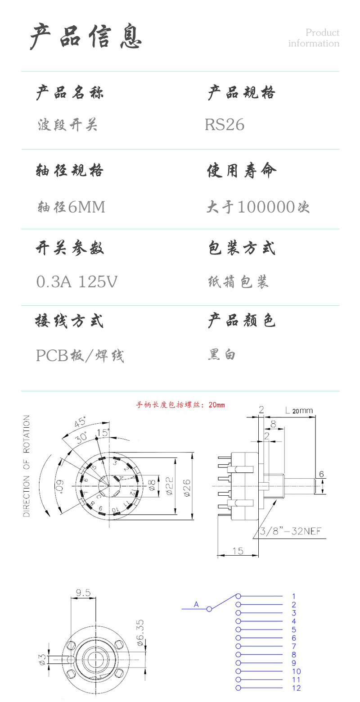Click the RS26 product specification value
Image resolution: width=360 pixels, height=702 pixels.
(225, 125)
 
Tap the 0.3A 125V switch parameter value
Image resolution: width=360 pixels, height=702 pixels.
(76, 282)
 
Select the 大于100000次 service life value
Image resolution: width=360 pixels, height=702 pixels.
(258, 207)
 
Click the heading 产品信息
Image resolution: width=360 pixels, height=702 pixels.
(86, 36)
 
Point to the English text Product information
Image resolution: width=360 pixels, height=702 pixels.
(314, 38)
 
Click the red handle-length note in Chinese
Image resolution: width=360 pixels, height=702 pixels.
(180, 405)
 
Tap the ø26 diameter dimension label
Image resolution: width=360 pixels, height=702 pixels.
(187, 487)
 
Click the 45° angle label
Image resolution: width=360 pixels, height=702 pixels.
(81, 424)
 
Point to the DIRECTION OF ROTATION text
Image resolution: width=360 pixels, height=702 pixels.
(27, 466)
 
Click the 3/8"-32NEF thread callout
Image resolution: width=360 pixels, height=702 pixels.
(291, 531)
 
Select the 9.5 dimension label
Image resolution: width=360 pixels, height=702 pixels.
(83, 593)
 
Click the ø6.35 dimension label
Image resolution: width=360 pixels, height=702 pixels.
(140, 633)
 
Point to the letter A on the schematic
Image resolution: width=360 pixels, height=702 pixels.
(196, 604)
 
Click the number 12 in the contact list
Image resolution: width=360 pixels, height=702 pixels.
(296, 688)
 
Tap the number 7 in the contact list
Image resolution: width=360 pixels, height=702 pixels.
(294, 646)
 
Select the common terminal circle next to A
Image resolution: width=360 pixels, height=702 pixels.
(209, 609)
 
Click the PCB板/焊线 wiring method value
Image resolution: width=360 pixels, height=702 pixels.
(80, 356)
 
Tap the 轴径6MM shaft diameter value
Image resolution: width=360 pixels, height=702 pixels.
(71, 207)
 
